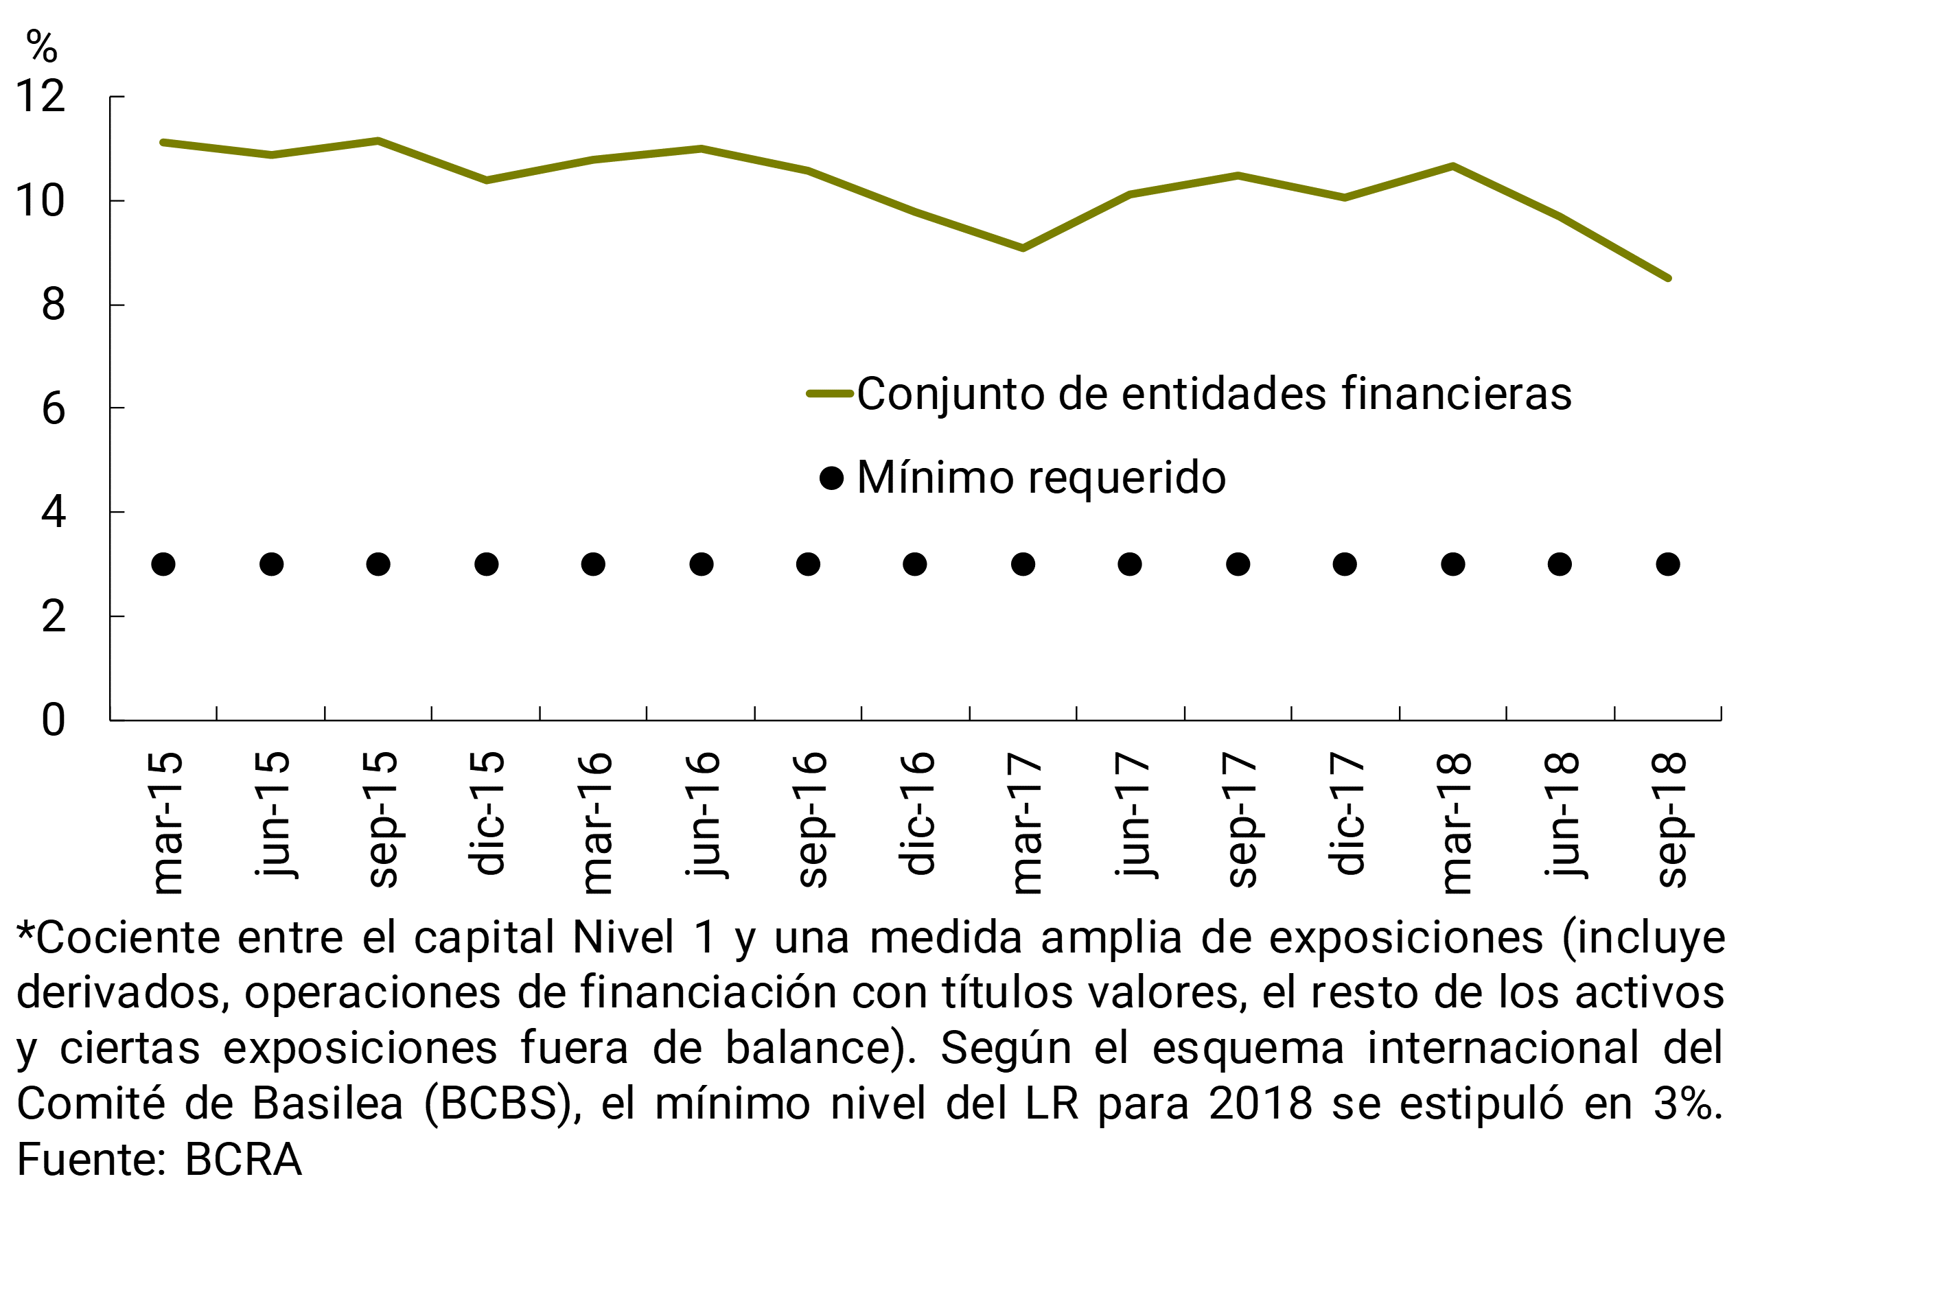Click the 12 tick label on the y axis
(x=40, y=97)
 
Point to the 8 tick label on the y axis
(x=53, y=305)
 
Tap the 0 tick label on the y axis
(x=53, y=721)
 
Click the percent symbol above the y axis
(x=41, y=47)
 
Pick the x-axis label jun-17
(x=1131, y=814)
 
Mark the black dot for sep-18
(x=1668, y=565)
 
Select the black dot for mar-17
(x=1023, y=565)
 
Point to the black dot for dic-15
(x=487, y=565)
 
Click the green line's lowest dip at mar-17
(x=1023, y=247)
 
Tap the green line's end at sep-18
(x=1667, y=278)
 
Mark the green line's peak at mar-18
(x=1453, y=166)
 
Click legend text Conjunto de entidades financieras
(x=1214, y=394)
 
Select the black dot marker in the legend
(x=831, y=478)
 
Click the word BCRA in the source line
(x=243, y=1160)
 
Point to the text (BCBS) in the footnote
(x=503, y=1103)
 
